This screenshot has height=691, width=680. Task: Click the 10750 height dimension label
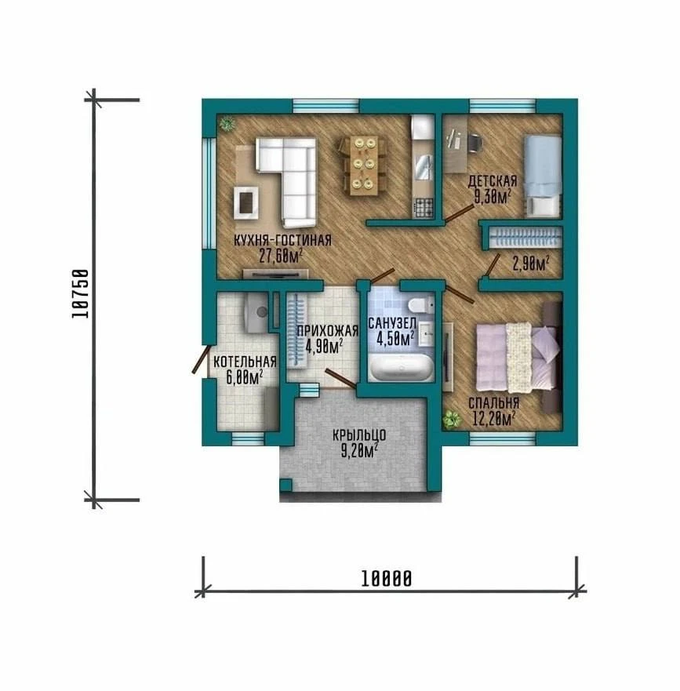tap(80, 293)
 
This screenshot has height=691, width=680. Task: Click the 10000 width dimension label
tap(386, 578)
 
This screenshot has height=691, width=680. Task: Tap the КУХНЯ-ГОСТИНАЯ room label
tap(282, 241)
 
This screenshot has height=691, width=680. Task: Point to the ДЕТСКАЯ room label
tap(493, 181)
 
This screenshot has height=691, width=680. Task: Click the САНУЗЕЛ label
tap(392, 323)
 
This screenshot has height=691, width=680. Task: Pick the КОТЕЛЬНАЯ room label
tap(245, 362)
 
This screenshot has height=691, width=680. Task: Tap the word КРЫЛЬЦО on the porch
tap(359, 435)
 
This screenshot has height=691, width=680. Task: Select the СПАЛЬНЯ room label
tap(493, 403)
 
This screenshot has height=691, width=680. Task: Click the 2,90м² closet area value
tap(531, 264)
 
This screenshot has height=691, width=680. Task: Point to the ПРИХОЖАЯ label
tap(327, 331)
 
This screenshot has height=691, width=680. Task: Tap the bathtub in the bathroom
tap(401, 367)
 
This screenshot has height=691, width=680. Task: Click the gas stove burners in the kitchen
tap(424, 208)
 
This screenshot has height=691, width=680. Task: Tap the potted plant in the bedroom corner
tap(452, 420)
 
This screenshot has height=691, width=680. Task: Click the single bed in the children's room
tap(543, 176)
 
